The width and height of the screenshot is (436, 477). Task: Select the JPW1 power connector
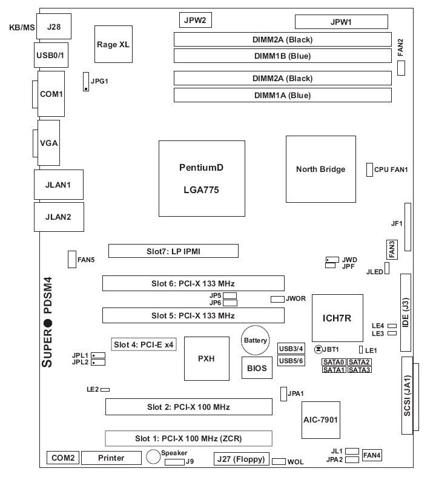pyautogui.click(x=341, y=22)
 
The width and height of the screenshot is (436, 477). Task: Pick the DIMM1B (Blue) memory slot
pyautogui.click(x=282, y=56)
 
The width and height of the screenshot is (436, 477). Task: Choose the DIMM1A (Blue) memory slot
pyautogui.click(x=282, y=95)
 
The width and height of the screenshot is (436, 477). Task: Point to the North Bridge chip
pyautogui.click(x=320, y=169)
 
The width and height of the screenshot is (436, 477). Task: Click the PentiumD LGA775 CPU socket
pyautogui.click(x=198, y=179)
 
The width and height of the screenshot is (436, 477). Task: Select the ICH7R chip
pyautogui.click(x=337, y=318)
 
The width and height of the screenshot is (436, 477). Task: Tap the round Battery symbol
pyautogui.click(x=255, y=341)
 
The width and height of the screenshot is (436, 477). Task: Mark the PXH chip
pyautogui.click(x=206, y=358)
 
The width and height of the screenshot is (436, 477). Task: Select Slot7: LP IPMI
pyautogui.click(x=173, y=251)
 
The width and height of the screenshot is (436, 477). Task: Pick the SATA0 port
pyautogui.click(x=334, y=361)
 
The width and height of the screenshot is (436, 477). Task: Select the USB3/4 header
pyautogui.click(x=291, y=348)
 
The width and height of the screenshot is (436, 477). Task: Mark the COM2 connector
pyautogui.click(x=62, y=458)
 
